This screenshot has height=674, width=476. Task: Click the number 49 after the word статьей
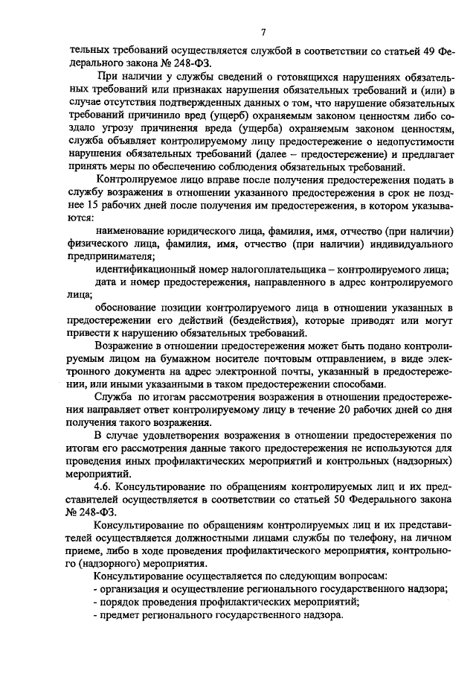coord(427,54)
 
